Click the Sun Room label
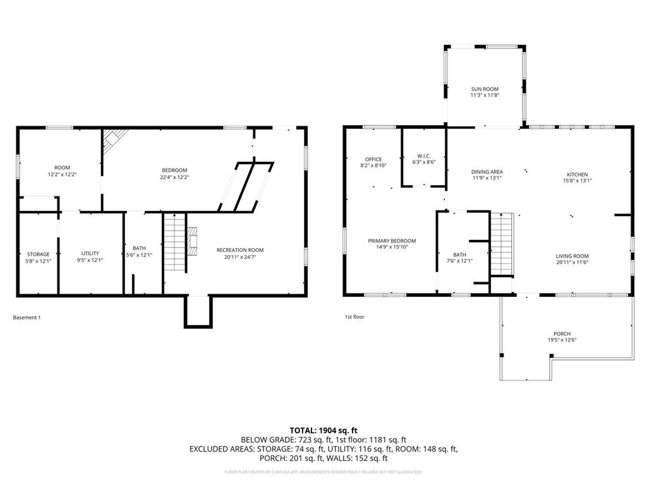pyautogui.click(x=485, y=89)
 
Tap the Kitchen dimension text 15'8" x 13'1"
pyautogui.click(x=577, y=181)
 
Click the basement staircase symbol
pyautogui.click(x=175, y=243)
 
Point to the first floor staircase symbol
pyautogui.click(x=502, y=244)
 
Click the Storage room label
pyautogui.click(x=38, y=254)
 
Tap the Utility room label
pyautogui.click(x=90, y=253)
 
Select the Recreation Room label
pyautogui.click(x=239, y=249)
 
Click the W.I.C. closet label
pyautogui.click(x=424, y=155)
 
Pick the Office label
pyautogui.click(x=373, y=159)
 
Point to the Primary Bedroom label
pyautogui.click(x=392, y=241)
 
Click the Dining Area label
pyautogui.click(x=487, y=171)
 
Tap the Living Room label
pyautogui.click(x=572, y=256)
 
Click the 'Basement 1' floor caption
pyautogui.click(x=27, y=317)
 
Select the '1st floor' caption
pyautogui.click(x=354, y=316)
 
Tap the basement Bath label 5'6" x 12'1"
pyautogui.click(x=138, y=251)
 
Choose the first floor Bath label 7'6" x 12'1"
pyautogui.click(x=459, y=257)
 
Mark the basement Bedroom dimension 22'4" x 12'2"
pyautogui.click(x=174, y=177)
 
